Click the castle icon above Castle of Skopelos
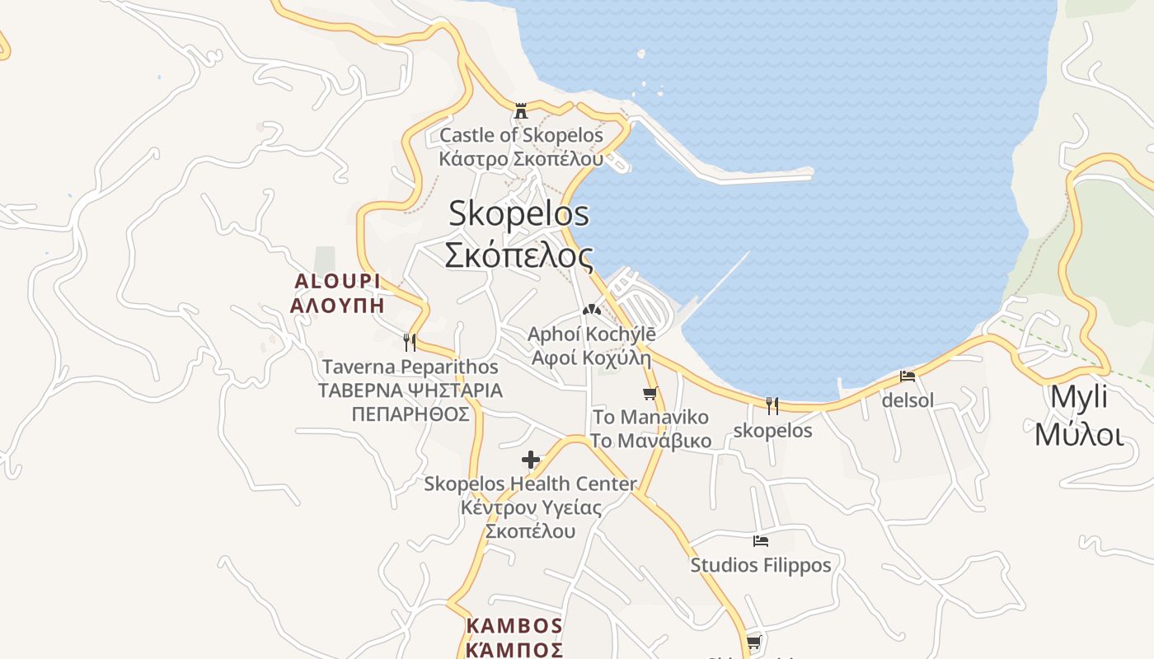[x=521, y=110]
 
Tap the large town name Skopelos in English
[x=518, y=214]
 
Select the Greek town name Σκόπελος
[x=518, y=255]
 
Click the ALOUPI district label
[x=338, y=282]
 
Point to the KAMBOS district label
[x=514, y=626]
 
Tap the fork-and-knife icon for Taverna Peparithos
[x=409, y=342]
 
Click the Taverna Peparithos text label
[x=410, y=367]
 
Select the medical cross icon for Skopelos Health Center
[x=531, y=460]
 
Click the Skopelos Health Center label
[x=530, y=484]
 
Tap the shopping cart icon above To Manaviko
[x=650, y=394]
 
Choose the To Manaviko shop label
[x=650, y=418]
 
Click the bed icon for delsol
[x=908, y=376]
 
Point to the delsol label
[x=908, y=401]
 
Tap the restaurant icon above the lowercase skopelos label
[x=772, y=405]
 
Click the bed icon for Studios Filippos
[x=761, y=541]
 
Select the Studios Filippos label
[x=761, y=565]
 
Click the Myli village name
[x=1079, y=396]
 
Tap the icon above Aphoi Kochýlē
[x=590, y=311]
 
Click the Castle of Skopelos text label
[x=521, y=135]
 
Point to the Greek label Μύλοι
[x=1079, y=434]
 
